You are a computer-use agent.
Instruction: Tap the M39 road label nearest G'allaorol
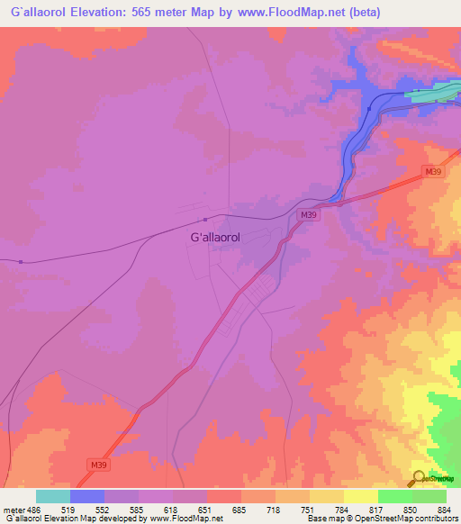tap(309, 214)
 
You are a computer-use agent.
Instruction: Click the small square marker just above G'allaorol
tap(205, 219)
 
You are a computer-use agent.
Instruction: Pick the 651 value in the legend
tap(206, 510)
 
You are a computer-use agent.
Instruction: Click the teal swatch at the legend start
tap(53, 496)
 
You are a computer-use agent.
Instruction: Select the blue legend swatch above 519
tap(87, 496)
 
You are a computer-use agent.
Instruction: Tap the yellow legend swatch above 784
tap(327, 496)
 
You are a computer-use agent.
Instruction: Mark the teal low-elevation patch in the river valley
tap(430, 93)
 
